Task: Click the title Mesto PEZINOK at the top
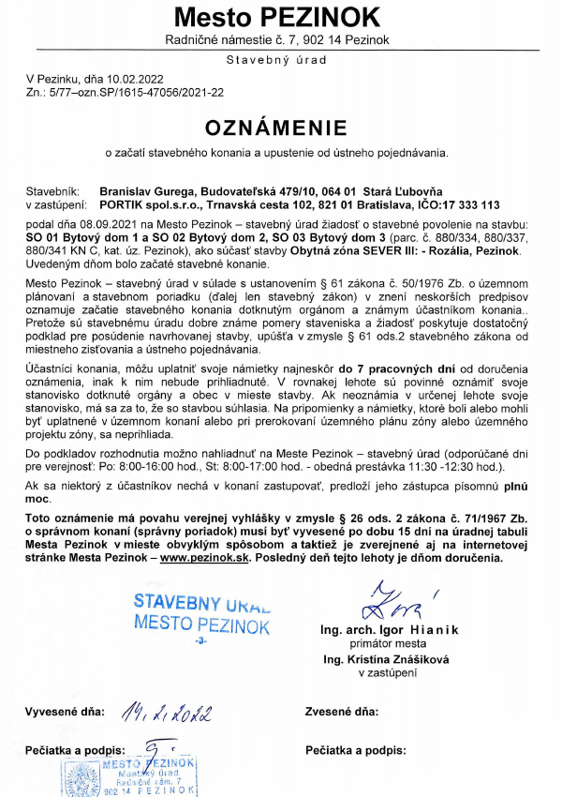pos(276,17)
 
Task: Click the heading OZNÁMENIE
pos(276,127)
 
